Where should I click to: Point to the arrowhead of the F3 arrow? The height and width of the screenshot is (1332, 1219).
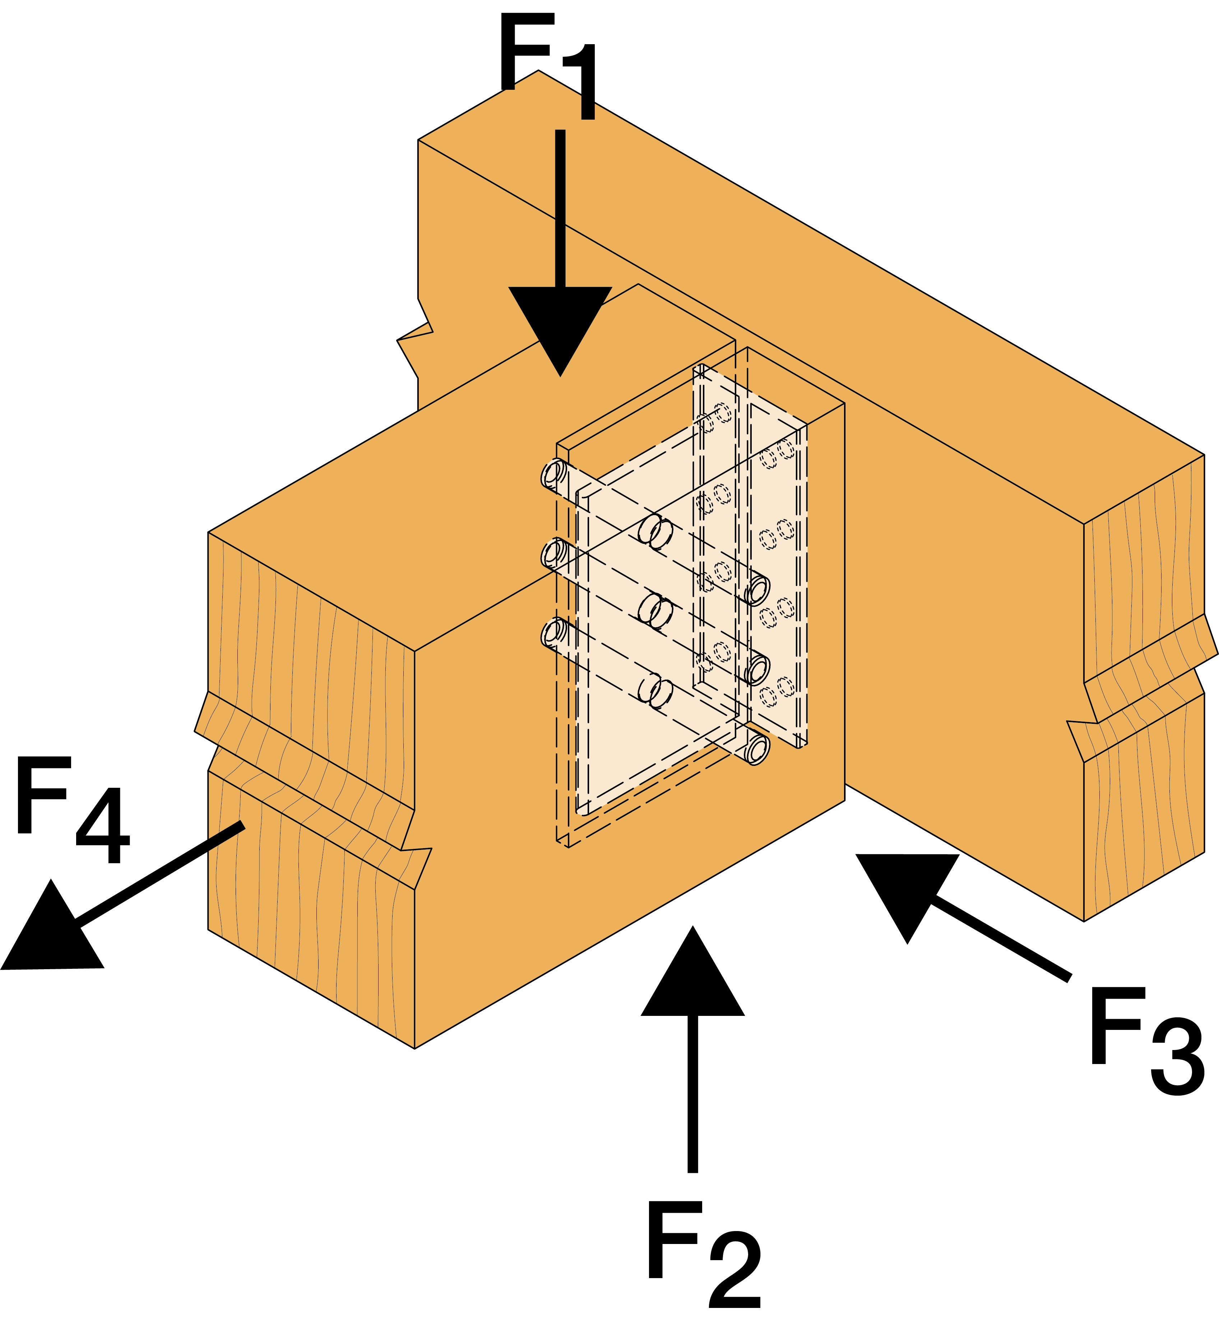tap(907, 885)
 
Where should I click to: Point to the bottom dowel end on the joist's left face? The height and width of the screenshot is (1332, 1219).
tap(554, 632)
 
